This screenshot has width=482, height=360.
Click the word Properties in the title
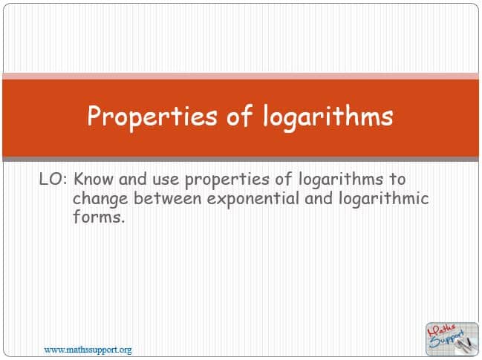coord(152,117)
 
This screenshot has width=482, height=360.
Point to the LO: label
coord(53,180)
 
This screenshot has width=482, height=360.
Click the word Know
coord(94,179)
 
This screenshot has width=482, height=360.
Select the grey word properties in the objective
coord(227,180)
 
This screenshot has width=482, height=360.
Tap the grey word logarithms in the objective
coord(341,180)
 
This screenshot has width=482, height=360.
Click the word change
coord(100,200)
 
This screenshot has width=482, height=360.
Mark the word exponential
coord(253,200)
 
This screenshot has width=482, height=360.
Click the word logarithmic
coord(384,200)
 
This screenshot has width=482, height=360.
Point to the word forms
coord(99,217)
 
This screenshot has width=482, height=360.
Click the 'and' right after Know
coord(133,180)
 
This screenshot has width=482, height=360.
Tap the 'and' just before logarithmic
coord(319,198)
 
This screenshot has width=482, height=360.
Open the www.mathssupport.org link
coord(88,350)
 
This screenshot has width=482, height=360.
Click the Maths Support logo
coord(452,339)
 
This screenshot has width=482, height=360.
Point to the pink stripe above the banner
coord(241,76)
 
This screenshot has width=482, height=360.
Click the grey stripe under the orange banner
coord(241,159)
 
